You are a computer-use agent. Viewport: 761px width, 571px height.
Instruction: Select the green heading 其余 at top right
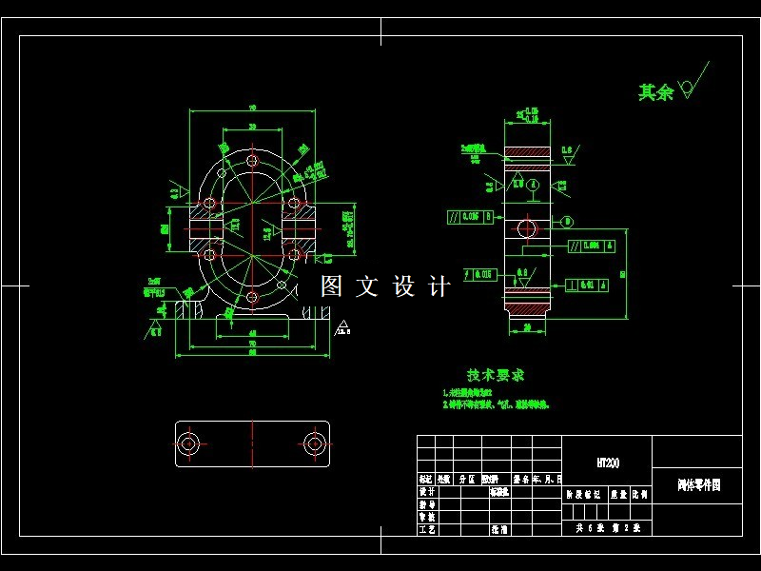(655, 92)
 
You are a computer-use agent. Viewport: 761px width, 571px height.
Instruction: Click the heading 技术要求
(495, 375)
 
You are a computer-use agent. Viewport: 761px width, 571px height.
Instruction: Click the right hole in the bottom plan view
(314, 443)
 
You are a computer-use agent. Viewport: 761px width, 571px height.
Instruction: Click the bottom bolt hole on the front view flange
(252, 298)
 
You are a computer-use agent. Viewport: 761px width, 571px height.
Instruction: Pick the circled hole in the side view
(526, 227)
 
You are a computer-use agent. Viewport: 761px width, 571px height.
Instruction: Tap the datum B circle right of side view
(568, 222)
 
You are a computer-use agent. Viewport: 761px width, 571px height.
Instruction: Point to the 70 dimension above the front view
(252, 108)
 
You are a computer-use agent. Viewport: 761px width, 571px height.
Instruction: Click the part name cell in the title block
(697, 484)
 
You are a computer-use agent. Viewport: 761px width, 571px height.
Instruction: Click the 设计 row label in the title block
(427, 493)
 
